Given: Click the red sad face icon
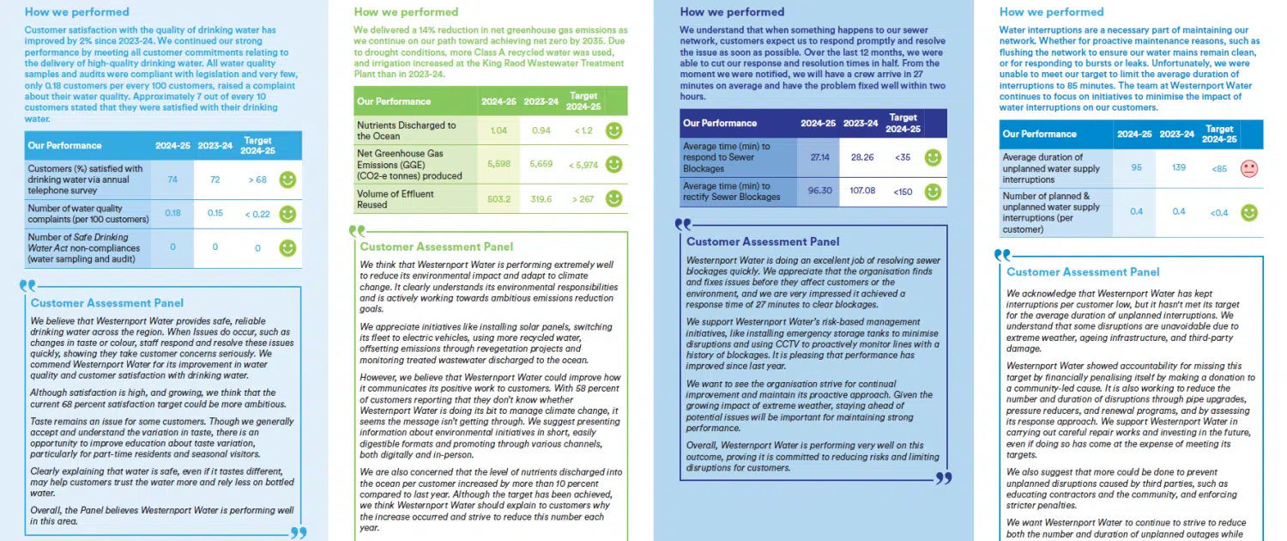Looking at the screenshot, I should point(1248,168).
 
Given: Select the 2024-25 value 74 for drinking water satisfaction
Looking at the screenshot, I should point(173,179).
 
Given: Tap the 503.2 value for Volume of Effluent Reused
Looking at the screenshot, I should point(498,198).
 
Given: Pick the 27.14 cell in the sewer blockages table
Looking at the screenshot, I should point(818,158).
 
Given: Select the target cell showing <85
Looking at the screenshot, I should point(1218,169).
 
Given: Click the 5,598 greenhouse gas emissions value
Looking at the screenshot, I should point(498,163).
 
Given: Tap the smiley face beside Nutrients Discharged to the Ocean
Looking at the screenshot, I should point(613,131).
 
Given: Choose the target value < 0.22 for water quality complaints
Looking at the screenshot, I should point(257,214).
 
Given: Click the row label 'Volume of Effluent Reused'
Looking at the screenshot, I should point(396,199).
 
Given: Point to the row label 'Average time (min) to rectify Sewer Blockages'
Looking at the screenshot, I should point(726,191).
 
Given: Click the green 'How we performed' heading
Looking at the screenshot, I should point(406,12).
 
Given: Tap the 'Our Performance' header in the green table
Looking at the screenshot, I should point(394,101).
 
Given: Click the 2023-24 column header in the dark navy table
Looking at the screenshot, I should point(860,124).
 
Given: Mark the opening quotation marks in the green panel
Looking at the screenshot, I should point(356,230).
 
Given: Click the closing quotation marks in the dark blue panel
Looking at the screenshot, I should point(943,477).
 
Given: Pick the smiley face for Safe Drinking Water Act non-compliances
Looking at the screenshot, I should point(287,248).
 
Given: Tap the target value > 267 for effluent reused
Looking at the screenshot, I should point(583,198).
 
